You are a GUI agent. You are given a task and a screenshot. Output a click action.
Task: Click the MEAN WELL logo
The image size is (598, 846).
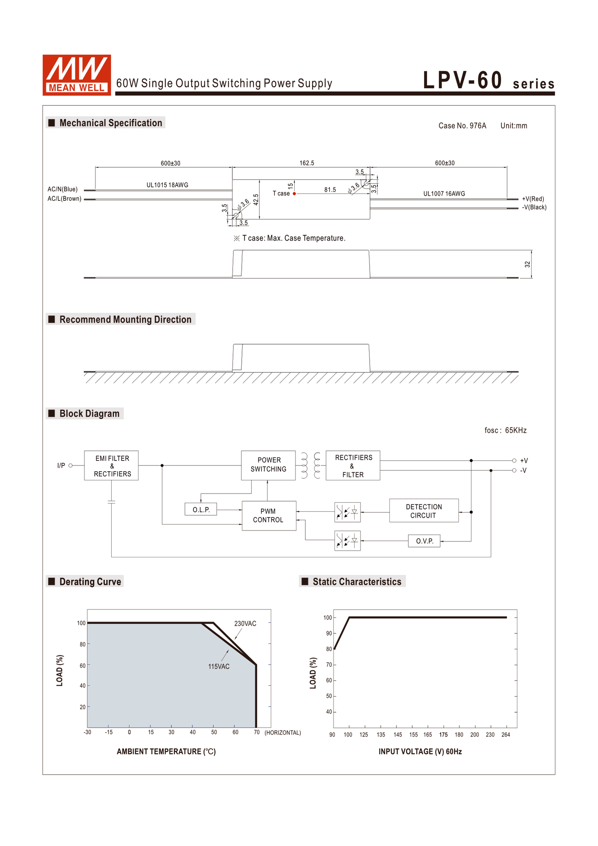pos(77,75)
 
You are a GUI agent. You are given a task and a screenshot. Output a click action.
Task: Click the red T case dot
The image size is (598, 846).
pos(294,194)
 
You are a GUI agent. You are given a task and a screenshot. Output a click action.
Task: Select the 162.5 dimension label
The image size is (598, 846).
pos(307,163)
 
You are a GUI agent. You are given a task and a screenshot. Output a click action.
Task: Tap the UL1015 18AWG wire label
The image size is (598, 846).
pos(167,185)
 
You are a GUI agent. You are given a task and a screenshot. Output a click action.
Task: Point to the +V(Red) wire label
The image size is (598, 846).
pos(533,199)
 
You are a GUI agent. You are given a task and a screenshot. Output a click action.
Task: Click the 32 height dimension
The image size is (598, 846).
pos(527,264)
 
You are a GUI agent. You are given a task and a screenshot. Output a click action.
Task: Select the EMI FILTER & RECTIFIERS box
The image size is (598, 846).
pos(111,466)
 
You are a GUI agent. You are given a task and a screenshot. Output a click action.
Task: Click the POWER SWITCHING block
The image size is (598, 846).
pos(268,465)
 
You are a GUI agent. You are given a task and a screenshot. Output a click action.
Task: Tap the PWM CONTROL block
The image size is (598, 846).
pos(269,516)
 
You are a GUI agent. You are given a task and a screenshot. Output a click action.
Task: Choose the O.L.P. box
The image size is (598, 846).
pos(201,510)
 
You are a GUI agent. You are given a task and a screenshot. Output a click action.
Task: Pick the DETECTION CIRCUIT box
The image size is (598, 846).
pos(424,511)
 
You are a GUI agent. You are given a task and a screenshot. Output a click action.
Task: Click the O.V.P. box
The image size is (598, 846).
pos(424,541)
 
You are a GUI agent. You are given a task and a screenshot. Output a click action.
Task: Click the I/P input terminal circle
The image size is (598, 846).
pos(71,465)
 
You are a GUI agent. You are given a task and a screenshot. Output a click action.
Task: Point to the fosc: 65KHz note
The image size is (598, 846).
pos(505,431)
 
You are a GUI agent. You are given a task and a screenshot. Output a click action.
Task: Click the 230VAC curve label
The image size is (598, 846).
pos(245,624)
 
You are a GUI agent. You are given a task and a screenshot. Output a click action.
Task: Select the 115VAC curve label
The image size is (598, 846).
pos(219,667)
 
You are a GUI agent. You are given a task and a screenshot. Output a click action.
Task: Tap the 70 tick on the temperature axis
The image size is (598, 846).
pos(257,732)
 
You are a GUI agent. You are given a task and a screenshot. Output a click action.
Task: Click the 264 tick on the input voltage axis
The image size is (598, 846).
pos(506,735)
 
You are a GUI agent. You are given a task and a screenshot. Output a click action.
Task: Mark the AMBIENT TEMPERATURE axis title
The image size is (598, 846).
pos(166,752)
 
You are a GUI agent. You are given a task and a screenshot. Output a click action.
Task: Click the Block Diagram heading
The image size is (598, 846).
pos(89,414)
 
